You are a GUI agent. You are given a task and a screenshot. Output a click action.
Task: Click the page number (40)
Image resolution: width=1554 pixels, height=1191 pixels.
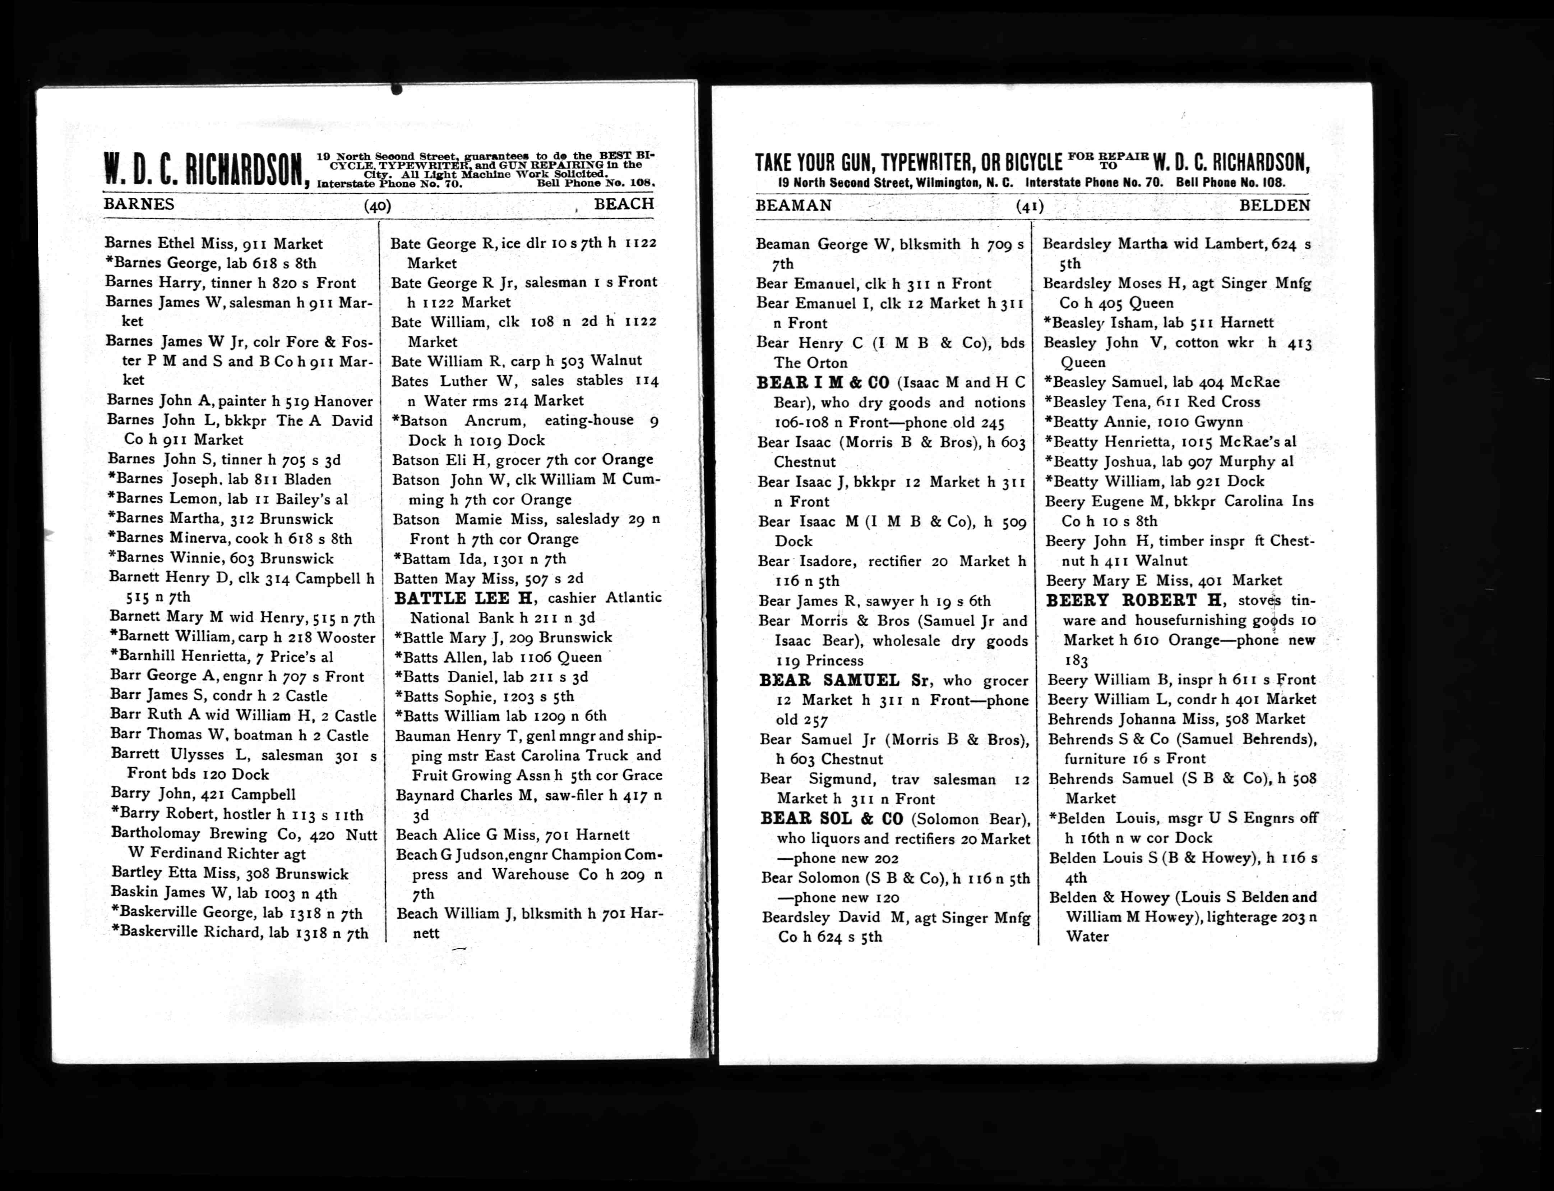(x=377, y=206)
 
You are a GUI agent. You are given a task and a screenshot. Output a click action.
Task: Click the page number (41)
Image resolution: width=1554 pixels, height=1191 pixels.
(x=1030, y=206)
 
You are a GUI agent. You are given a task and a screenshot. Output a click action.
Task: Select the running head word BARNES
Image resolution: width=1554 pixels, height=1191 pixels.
(x=139, y=204)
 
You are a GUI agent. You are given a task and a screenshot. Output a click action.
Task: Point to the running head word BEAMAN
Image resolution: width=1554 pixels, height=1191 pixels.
(x=794, y=206)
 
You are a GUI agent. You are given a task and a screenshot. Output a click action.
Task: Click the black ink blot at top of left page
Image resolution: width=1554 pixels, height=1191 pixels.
(x=397, y=89)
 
